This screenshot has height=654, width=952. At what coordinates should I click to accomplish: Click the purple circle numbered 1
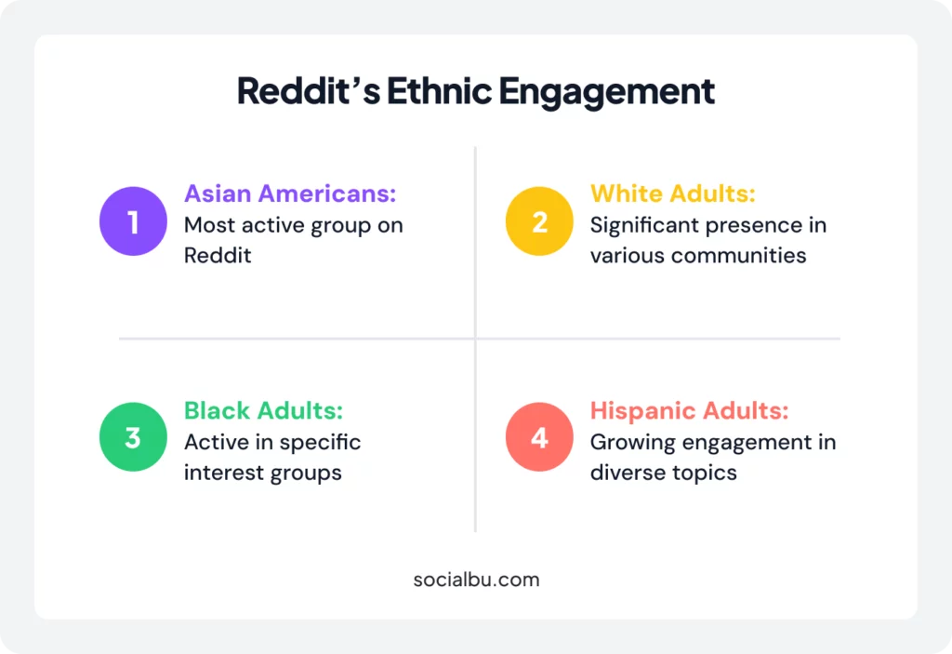tap(133, 221)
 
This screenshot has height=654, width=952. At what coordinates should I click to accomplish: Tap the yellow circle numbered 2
tap(539, 221)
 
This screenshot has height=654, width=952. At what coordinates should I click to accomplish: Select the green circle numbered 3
tap(133, 436)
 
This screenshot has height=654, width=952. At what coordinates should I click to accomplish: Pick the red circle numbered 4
tap(539, 436)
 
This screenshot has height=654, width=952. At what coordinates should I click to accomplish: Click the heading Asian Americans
tap(290, 194)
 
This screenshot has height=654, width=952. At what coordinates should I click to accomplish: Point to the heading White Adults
tap(673, 194)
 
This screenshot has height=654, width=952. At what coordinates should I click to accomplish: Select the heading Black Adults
tap(263, 410)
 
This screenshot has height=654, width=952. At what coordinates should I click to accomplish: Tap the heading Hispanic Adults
tap(690, 410)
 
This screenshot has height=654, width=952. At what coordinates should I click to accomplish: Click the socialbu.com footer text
tap(476, 579)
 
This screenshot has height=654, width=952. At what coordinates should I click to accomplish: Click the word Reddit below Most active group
tap(218, 255)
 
